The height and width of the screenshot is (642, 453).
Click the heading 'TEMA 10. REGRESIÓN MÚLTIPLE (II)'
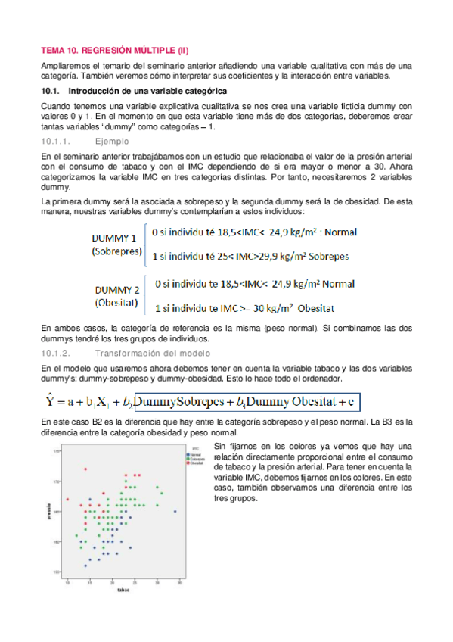tap(114, 51)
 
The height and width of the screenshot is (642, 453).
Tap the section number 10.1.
tap(50, 91)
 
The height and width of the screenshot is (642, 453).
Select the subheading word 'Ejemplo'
tap(111, 142)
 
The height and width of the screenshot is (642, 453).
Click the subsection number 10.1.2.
tap(55, 354)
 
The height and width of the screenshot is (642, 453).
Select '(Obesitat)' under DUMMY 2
tap(116, 303)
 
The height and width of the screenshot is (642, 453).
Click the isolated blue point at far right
tap(175, 512)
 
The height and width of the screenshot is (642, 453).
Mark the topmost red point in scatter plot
tap(85, 469)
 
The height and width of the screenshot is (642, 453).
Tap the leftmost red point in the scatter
tap(68, 500)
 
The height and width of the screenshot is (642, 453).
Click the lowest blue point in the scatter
tap(86, 566)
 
